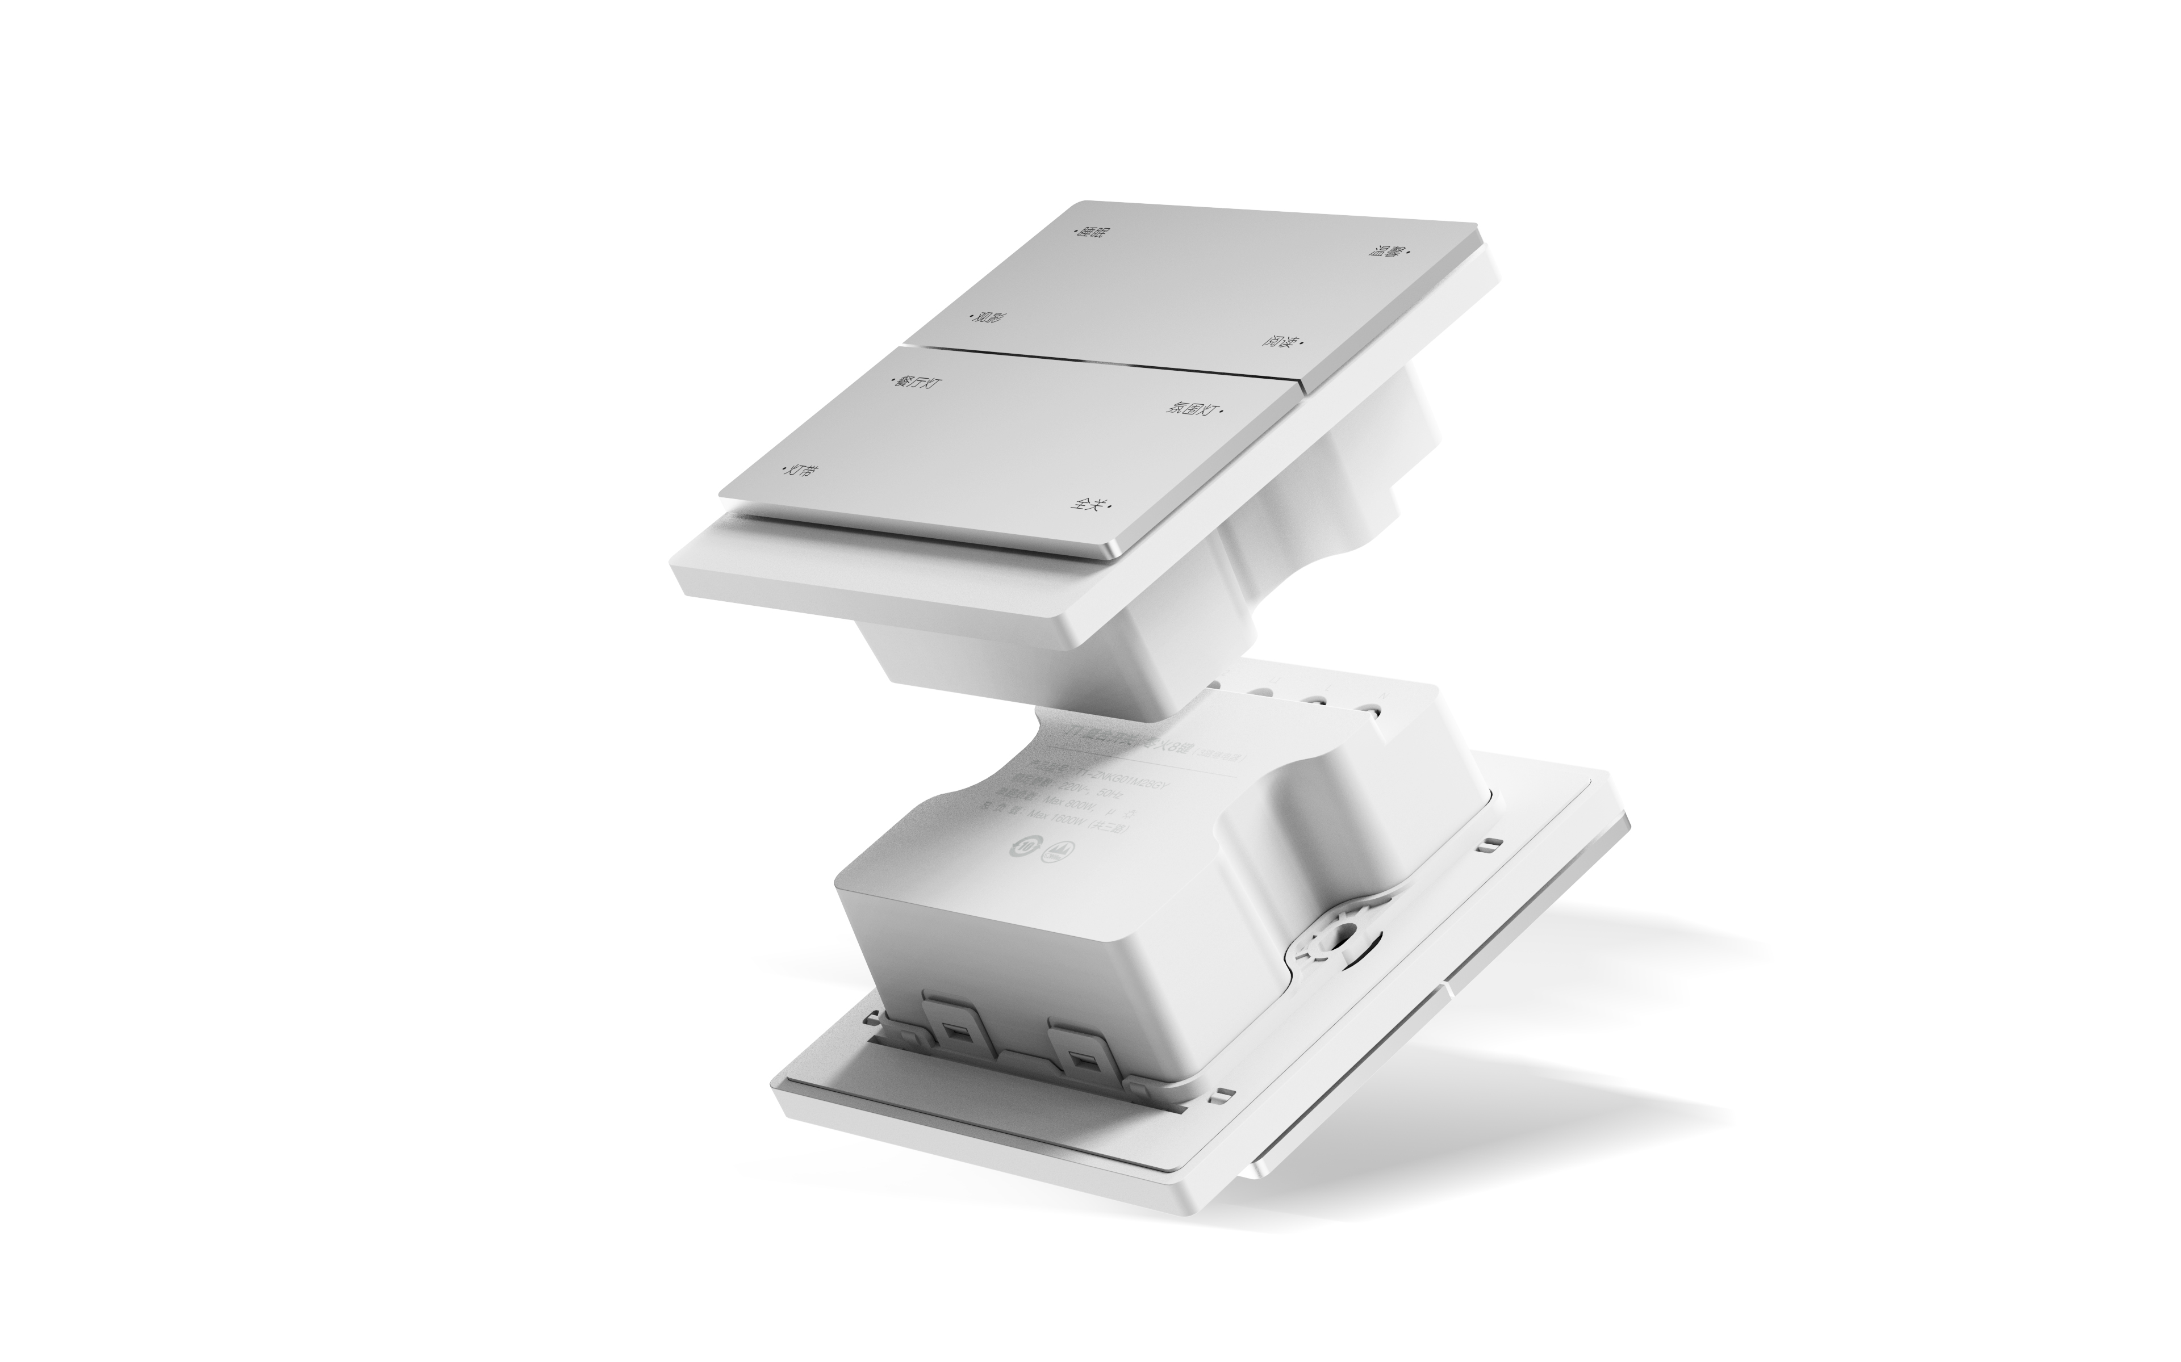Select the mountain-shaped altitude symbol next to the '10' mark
point(1058,852)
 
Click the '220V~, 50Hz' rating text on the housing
point(1090,792)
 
